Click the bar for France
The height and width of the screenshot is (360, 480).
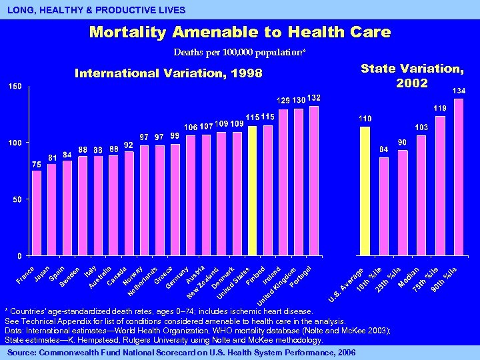(37, 213)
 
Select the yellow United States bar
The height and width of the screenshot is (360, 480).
(252, 191)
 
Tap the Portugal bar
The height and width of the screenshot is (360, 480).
(314, 181)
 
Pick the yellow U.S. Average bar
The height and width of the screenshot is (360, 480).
(365, 191)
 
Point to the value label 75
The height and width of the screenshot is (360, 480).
(37, 164)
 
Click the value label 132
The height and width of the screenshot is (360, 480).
(314, 99)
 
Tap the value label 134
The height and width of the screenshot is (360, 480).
(459, 91)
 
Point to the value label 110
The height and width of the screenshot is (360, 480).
(365, 118)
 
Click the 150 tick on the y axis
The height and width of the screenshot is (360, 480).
(15, 87)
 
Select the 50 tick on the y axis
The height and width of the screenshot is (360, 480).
(17, 199)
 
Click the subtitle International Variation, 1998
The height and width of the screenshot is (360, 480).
(169, 73)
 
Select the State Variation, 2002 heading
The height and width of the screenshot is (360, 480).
(412, 75)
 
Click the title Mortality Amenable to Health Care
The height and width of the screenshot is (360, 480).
(240, 32)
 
